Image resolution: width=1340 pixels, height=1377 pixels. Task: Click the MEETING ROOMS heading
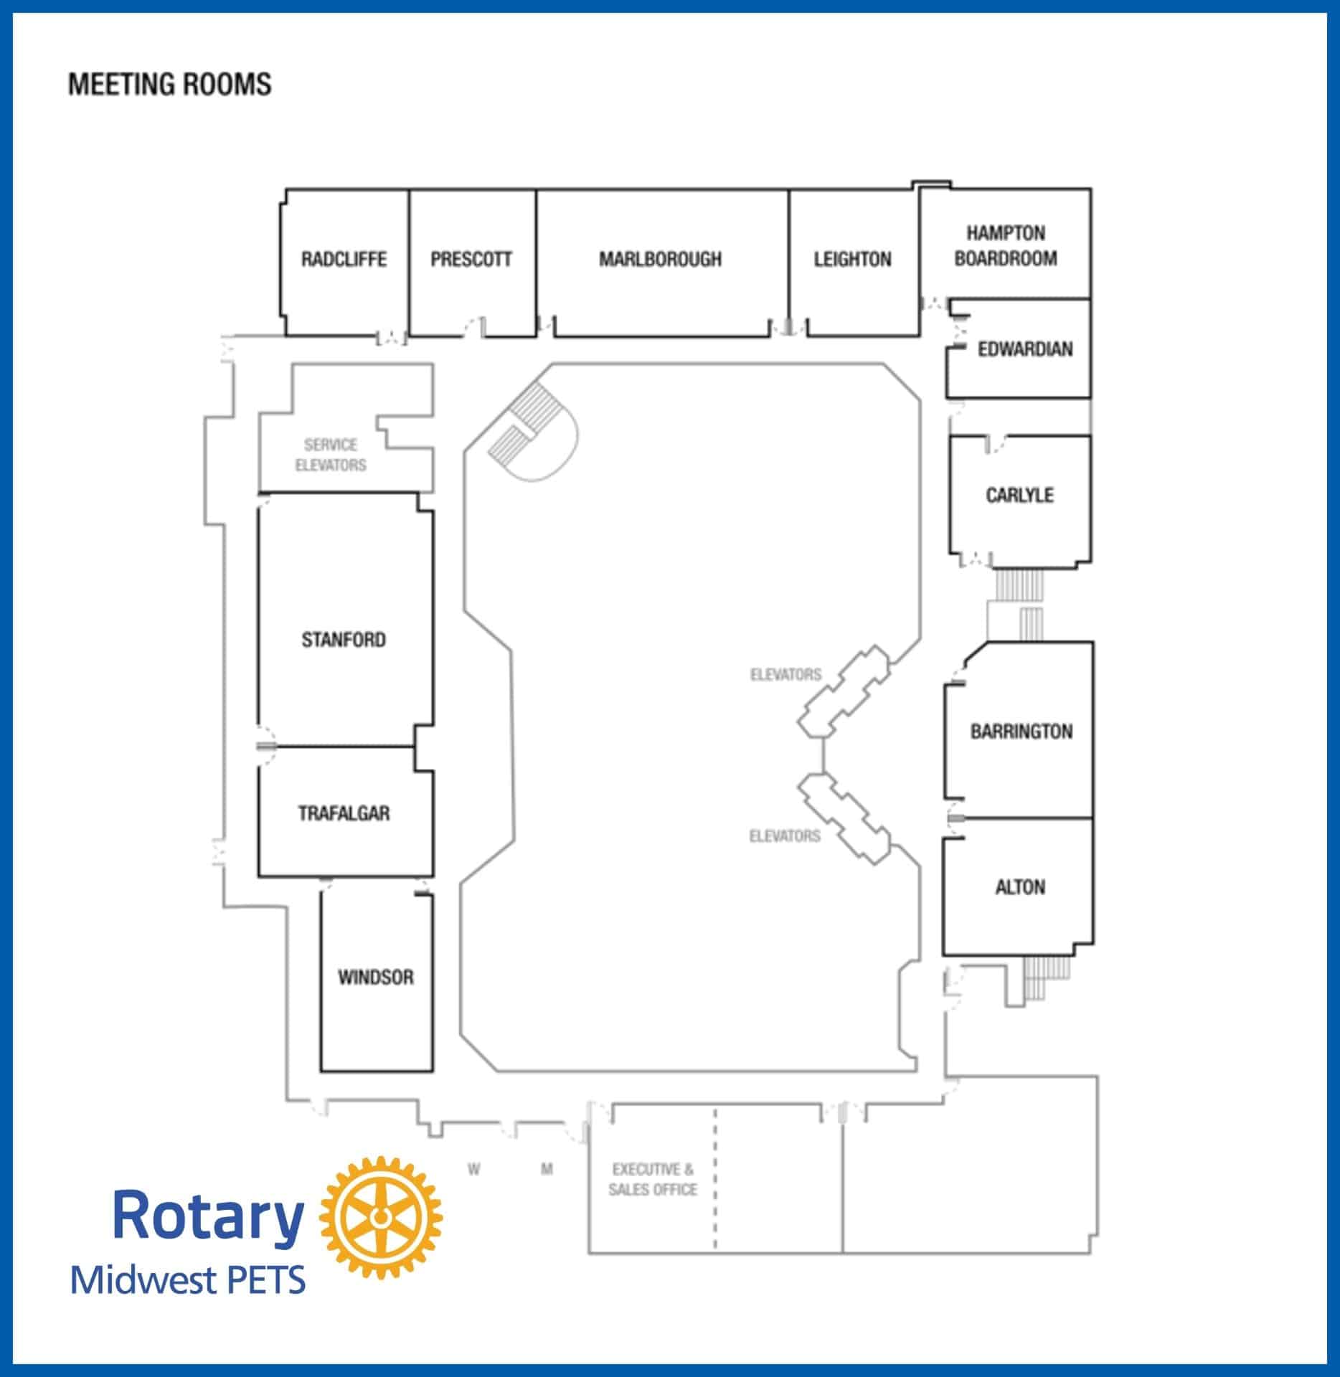click(170, 85)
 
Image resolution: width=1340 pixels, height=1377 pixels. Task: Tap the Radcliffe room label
click(344, 259)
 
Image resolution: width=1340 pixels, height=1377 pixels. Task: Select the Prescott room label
click(471, 259)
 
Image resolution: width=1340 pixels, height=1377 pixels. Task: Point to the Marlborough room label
click(661, 259)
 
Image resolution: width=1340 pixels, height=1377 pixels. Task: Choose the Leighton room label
click(852, 259)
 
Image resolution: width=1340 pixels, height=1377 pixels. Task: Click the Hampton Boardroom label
click(1006, 245)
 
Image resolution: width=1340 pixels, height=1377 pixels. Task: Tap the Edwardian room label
click(1025, 349)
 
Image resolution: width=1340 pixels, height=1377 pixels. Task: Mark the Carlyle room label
click(1019, 495)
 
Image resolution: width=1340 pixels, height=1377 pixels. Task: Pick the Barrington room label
click(1021, 732)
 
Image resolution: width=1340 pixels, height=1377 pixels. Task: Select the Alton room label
click(1020, 887)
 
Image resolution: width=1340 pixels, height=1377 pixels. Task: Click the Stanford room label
click(344, 639)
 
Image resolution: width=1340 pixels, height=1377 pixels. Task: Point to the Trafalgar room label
click(344, 813)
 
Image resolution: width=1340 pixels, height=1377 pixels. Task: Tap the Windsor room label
click(376, 977)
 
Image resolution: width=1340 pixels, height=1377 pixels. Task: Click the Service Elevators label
click(331, 455)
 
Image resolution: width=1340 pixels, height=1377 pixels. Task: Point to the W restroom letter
click(473, 1170)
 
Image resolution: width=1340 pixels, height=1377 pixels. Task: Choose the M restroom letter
click(547, 1170)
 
